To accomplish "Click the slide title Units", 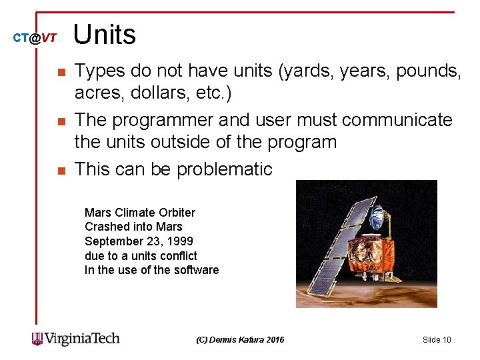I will [105, 35].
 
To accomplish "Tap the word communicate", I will [397, 120].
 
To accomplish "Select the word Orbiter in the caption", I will [177, 213].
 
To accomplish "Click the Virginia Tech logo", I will [75, 339].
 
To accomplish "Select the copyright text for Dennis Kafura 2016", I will [240, 340].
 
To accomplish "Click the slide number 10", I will [437, 340].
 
